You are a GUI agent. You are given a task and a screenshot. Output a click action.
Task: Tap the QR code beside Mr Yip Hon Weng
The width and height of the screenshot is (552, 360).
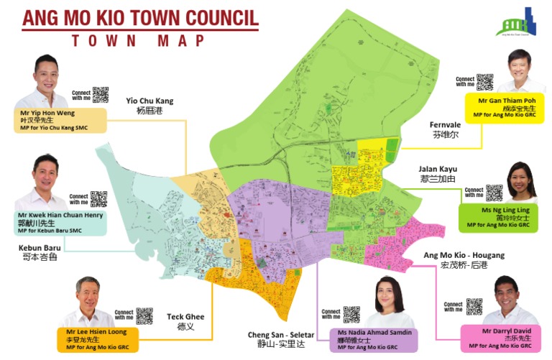(100, 94)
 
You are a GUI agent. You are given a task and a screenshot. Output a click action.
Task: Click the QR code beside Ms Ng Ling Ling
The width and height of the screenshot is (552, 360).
(494, 193)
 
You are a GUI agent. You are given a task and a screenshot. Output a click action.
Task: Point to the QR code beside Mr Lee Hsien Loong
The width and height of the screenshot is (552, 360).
(144, 315)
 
